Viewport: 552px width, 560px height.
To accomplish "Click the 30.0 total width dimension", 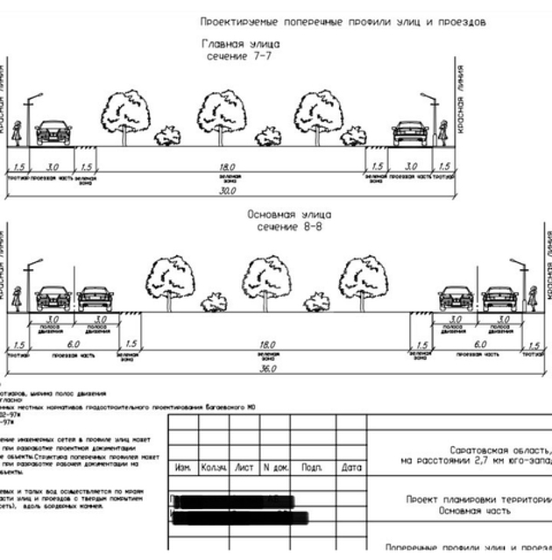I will [x=230, y=191].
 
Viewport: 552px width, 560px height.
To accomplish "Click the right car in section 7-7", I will [x=410, y=133].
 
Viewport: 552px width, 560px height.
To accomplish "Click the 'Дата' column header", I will [x=350, y=467].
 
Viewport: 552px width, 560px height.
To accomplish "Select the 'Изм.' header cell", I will [x=183, y=467].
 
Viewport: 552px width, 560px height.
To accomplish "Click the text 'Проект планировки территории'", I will [x=478, y=499].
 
